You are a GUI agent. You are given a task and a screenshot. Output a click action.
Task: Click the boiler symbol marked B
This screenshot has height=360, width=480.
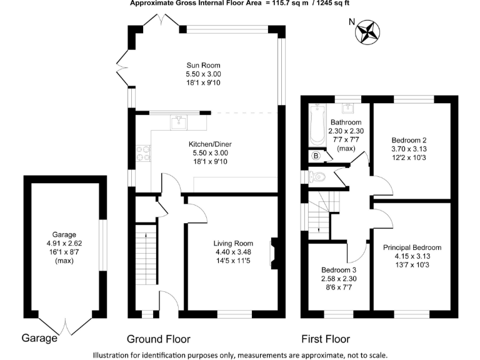click(316, 156)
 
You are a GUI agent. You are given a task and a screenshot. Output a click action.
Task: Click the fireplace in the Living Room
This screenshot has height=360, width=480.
click(273, 252)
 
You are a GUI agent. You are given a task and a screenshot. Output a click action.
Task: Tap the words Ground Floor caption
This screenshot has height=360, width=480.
click(158, 339)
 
